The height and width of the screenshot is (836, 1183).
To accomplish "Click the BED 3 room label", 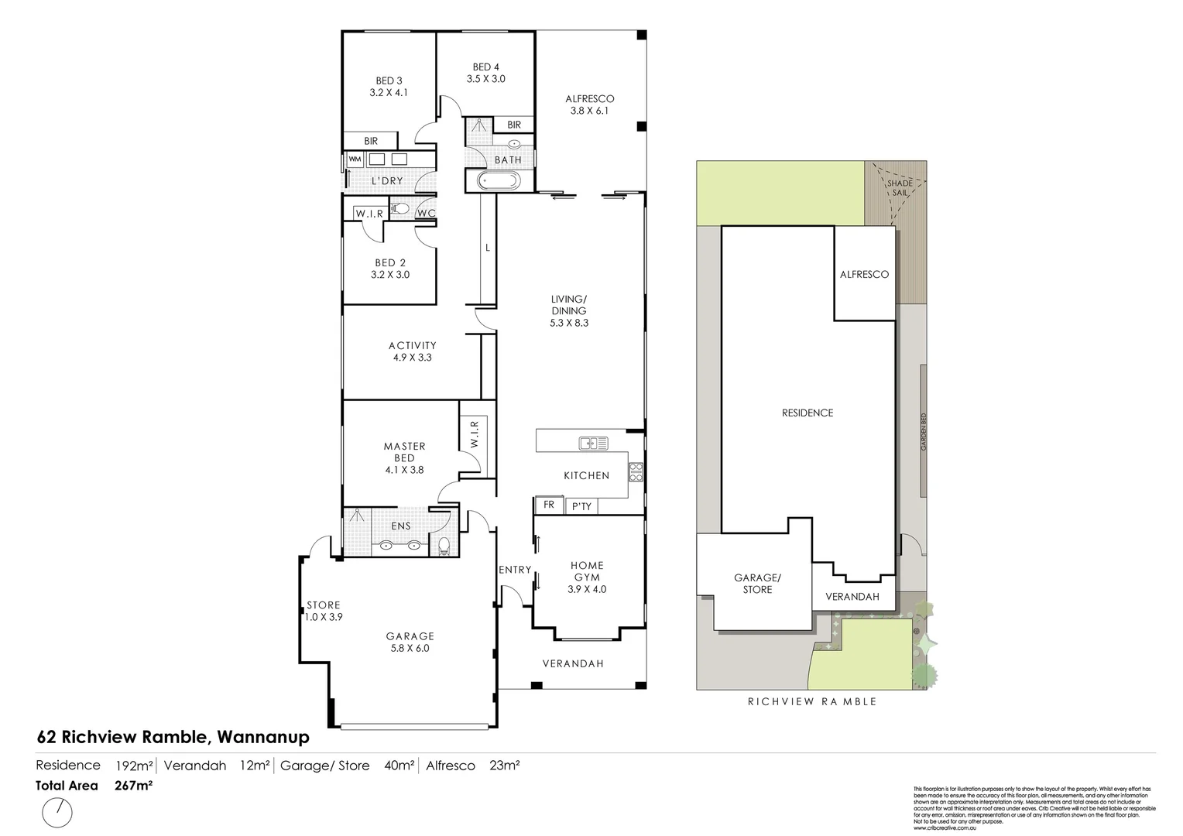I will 389,86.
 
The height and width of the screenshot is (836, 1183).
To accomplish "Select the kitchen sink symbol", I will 593,444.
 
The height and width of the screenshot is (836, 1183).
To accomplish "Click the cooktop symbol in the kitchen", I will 636,471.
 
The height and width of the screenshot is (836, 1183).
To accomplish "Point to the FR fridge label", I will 549,505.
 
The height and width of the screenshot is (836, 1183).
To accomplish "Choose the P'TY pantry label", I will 581,506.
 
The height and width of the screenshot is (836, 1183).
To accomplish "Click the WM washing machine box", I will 355,159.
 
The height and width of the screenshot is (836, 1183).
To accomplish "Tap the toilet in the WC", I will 400,209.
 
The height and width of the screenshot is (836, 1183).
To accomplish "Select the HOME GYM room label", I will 587,577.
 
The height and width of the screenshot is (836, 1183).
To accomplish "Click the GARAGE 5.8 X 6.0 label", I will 410,642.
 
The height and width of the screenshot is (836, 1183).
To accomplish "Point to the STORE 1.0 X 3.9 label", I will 323,611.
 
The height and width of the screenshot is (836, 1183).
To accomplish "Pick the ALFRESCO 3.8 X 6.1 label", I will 589,104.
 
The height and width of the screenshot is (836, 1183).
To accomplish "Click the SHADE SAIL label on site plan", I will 900,187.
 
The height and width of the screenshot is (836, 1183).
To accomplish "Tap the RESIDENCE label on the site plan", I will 807,413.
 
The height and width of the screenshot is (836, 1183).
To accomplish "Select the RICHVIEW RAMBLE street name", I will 811,701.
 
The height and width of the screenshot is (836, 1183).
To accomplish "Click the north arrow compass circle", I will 57,813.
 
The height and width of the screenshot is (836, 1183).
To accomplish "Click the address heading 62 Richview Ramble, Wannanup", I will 173,737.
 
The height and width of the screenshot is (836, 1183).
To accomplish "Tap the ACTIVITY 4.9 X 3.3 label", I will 412,351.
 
